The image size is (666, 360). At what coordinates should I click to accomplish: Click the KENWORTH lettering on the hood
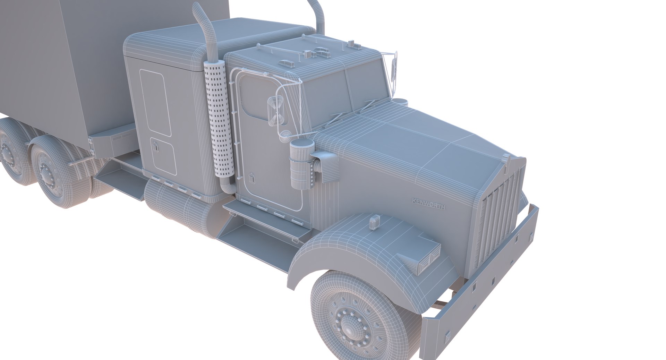tap(428, 203)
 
